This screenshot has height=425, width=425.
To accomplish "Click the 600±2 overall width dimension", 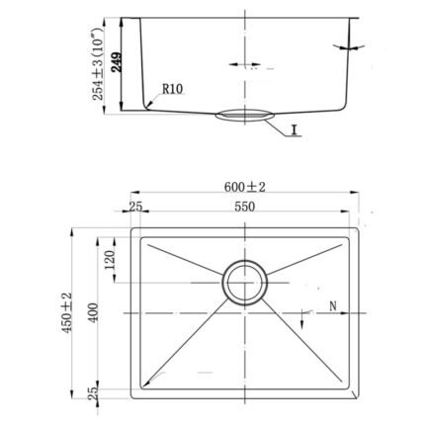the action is click(x=244, y=187).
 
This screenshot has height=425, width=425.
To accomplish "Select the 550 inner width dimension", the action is click(x=244, y=207).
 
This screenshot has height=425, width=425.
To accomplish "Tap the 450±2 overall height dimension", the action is click(x=67, y=312).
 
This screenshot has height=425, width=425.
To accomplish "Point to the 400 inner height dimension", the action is click(x=94, y=312).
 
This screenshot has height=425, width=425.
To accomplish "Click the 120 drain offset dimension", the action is click(x=110, y=260).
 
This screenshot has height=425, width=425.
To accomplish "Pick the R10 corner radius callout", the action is click(x=172, y=89).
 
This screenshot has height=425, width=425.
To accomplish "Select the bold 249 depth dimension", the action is click(x=117, y=62).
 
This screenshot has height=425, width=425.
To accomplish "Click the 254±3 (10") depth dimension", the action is click(x=98, y=63).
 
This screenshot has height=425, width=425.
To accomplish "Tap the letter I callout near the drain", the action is click(x=295, y=130).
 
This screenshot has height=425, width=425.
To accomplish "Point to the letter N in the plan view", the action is click(x=333, y=306).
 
